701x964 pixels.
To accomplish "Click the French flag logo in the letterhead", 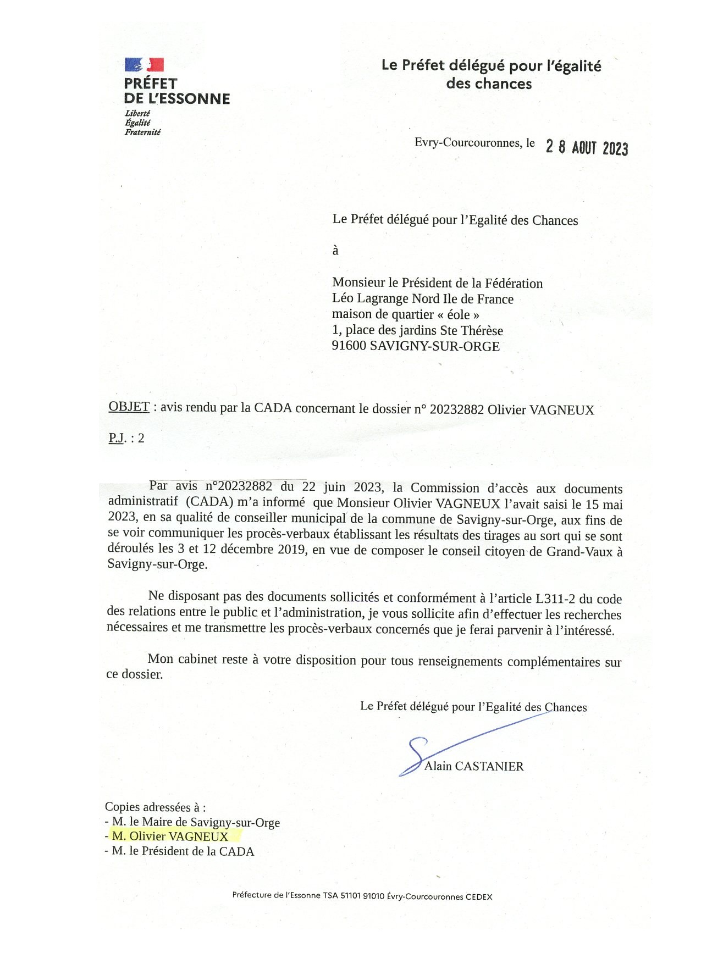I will pyautogui.click(x=144, y=65).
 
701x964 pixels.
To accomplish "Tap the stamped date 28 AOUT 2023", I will pyautogui.click(x=587, y=147).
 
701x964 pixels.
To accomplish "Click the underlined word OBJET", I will pyautogui.click(x=129, y=407).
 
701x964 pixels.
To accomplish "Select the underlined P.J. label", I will pyautogui.click(x=118, y=438).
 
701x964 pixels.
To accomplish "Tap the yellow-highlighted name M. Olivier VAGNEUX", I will pyautogui.click(x=170, y=836).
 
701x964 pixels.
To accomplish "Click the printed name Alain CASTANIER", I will pyautogui.click(x=474, y=766).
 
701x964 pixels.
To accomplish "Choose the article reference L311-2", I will pyautogui.click(x=556, y=599).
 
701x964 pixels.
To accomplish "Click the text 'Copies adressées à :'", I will pyautogui.click(x=156, y=807).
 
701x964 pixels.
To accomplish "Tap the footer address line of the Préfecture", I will pyautogui.click(x=362, y=896).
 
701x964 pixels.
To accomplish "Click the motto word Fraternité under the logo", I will pyautogui.click(x=142, y=132).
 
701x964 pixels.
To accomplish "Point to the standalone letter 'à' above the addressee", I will pyautogui.click(x=335, y=251).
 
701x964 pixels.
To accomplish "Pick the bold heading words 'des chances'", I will pyautogui.click(x=489, y=84).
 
